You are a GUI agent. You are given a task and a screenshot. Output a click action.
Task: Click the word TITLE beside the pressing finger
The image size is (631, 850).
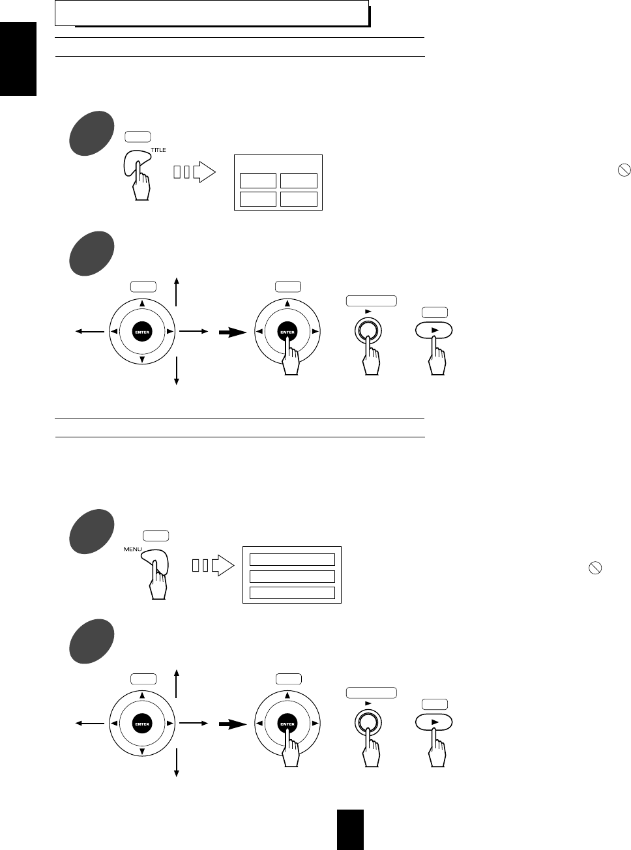coord(158,150)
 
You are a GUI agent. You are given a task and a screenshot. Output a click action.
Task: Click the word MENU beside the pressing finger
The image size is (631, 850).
coord(132,549)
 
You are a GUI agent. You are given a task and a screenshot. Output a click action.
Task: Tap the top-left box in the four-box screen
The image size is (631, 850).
coord(258,181)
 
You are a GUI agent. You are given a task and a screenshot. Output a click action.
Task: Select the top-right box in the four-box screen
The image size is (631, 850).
coord(299,181)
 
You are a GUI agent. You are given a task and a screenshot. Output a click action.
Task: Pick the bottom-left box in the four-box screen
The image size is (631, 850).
coord(258,199)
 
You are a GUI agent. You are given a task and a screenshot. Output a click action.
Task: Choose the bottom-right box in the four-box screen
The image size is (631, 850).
coord(299,199)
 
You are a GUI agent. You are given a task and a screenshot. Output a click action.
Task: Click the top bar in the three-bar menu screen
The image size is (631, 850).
coord(292,559)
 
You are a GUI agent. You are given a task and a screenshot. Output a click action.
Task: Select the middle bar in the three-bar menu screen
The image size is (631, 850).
coord(292,576)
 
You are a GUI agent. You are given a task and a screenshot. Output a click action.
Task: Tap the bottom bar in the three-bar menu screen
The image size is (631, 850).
coord(292,593)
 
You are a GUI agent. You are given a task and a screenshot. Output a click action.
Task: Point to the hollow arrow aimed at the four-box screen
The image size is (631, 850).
coord(203,173)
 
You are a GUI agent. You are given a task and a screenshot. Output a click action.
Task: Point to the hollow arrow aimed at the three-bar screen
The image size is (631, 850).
coord(222,566)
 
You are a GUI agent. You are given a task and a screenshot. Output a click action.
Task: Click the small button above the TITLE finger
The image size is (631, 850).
coord(138,137)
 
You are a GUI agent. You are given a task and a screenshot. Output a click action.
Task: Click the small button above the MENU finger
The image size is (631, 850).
coord(156,536)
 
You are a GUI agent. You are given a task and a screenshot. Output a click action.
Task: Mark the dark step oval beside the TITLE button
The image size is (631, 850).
coord(91,133)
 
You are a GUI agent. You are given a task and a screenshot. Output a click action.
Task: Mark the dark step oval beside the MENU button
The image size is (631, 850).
coord(91,531)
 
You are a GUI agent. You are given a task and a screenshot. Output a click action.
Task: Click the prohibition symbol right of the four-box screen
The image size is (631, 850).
coord(624,170)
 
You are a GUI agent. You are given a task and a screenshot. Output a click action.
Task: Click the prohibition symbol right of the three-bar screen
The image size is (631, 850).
coord(594,568)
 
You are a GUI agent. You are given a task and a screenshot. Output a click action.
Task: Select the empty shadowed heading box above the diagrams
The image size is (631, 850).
coord(212,13)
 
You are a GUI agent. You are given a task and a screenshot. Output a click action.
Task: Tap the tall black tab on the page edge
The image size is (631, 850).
coord(18,58)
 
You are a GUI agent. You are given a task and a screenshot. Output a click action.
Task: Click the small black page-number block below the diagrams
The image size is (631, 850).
coord(350,829)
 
